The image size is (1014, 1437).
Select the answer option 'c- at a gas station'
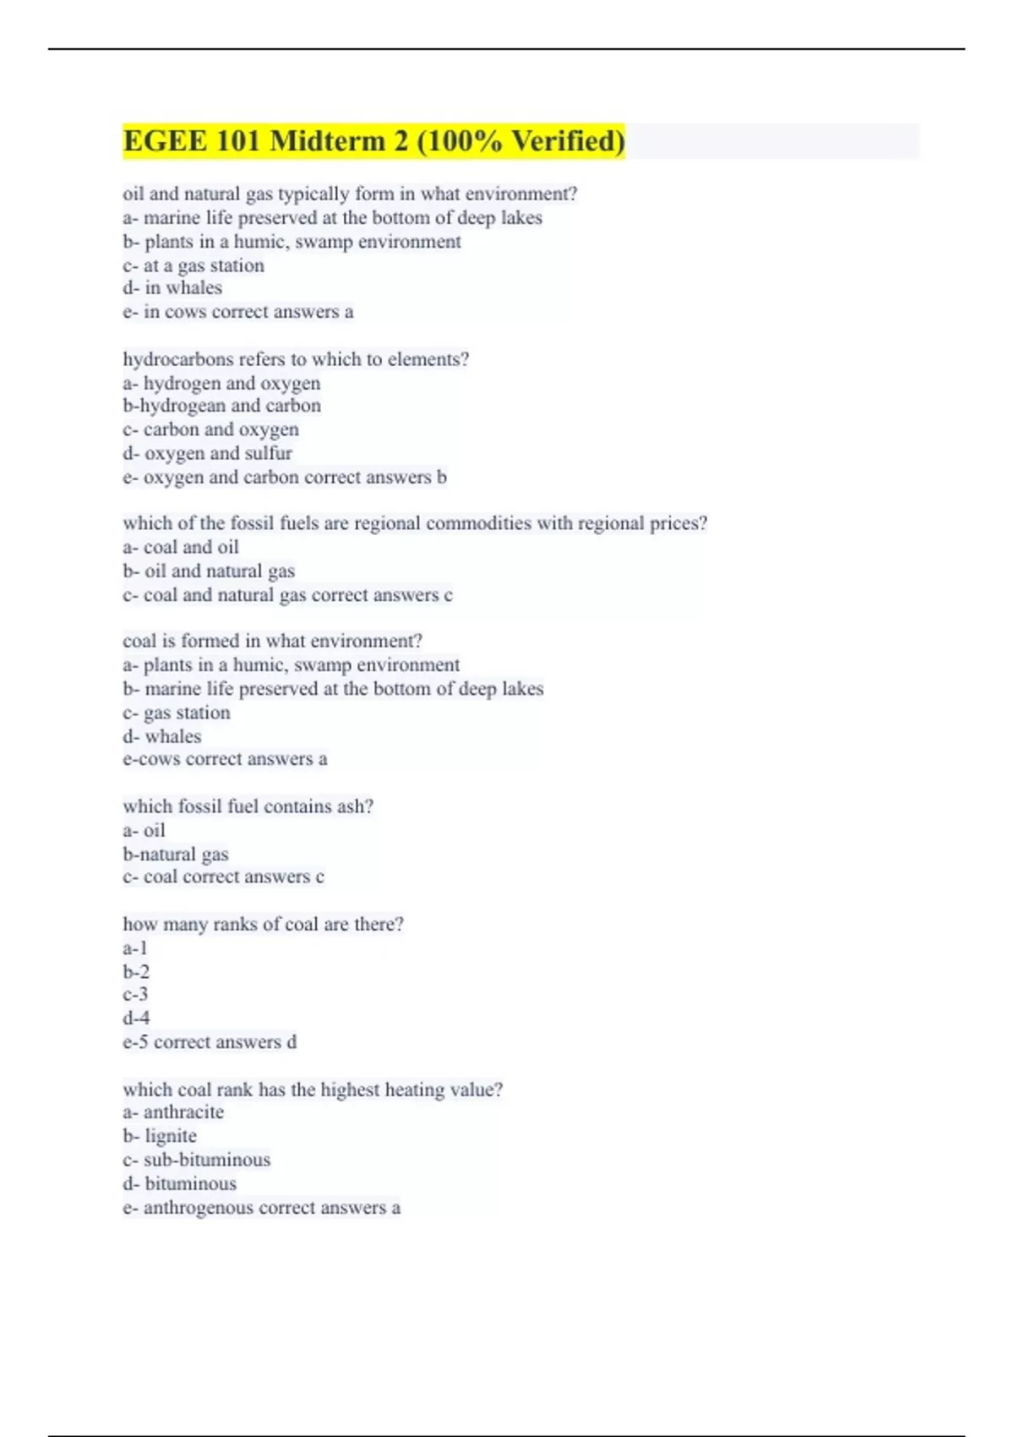pos(194,265)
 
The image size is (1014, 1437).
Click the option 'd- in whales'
pos(172,288)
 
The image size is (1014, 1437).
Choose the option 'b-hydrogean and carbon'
pos(221,406)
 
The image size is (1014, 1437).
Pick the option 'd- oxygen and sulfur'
pos(207,453)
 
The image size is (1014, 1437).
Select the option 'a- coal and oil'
pos(181,547)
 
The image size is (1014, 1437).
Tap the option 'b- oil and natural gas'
pos(209,571)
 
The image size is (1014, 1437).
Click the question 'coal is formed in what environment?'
pos(272,641)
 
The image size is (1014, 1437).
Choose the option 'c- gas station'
pos(177,713)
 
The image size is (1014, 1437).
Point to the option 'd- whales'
pos(162,736)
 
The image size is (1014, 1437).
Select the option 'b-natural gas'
pos(176,854)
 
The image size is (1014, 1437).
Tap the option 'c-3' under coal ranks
pos(135,995)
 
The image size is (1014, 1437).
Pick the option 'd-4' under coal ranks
pos(136,1018)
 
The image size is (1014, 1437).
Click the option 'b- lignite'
pos(160,1136)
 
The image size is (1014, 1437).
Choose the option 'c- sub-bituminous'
pos(197,1160)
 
